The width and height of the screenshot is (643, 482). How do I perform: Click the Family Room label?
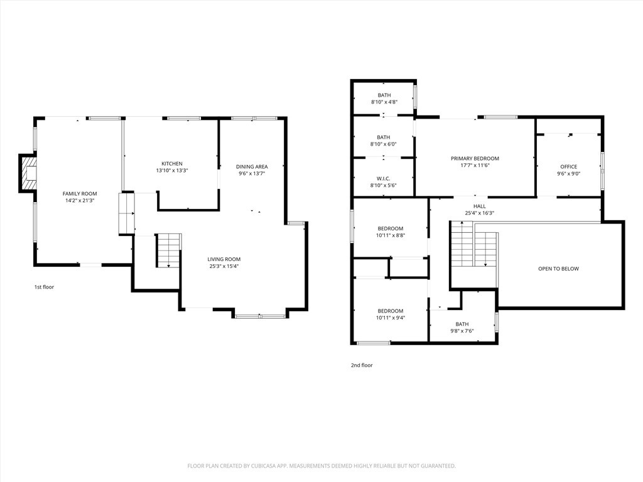pyautogui.click(x=80, y=193)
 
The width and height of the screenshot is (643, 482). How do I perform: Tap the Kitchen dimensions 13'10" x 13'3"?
pyautogui.click(x=172, y=171)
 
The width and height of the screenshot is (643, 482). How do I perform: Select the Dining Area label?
pyautogui.click(x=252, y=166)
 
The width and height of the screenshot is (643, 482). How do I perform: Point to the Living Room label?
pyautogui.click(x=224, y=259)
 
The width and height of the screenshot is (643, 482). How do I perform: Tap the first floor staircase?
pyautogui.click(x=169, y=251)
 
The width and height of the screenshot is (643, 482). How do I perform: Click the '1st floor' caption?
pyautogui.click(x=44, y=287)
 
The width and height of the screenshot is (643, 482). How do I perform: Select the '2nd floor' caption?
pyautogui.click(x=362, y=365)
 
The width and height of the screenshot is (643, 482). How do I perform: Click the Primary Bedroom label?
pyautogui.click(x=475, y=159)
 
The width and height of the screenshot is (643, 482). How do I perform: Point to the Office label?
pyautogui.click(x=569, y=167)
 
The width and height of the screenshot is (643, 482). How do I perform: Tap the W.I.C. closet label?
pyautogui.click(x=384, y=179)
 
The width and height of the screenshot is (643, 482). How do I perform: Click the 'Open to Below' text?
pyautogui.click(x=558, y=269)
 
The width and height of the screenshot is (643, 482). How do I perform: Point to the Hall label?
pyautogui.click(x=479, y=206)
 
